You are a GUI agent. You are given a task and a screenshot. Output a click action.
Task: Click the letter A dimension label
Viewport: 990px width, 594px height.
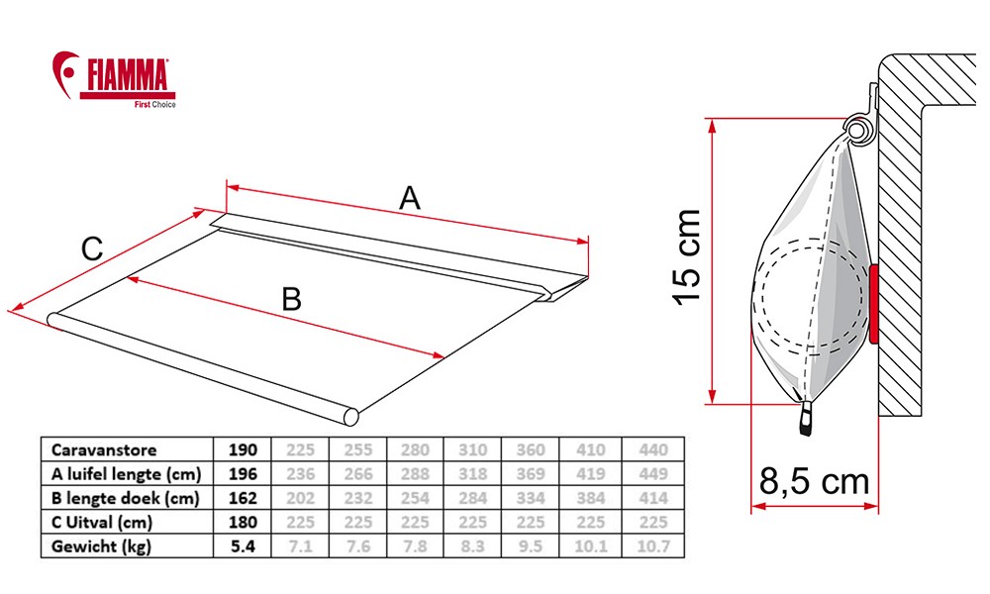pyautogui.click(x=410, y=198)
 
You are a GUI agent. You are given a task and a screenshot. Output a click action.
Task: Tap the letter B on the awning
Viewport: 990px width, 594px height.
pyautogui.click(x=291, y=299)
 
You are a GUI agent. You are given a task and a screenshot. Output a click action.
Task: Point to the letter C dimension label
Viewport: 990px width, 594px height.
pyautogui.click(x=92, y=248)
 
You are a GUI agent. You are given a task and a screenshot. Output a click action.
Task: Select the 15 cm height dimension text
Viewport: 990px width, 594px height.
pyautogui.click(x=688, y=257)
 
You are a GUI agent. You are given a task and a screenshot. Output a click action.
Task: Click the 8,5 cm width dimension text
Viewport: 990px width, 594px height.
pyautogui.click(x=815, y=481)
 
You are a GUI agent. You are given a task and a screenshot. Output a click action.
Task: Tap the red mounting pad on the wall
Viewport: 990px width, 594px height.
pyautogui.click(x=874, y=304)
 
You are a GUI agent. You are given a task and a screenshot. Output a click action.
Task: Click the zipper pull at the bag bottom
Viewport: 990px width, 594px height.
pyautogui.click(x=806, y=418)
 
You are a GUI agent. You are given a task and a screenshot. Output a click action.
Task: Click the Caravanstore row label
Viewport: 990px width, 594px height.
pyautogui.click(x=104, y=450)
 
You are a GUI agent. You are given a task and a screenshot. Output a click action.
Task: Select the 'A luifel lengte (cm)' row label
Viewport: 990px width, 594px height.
pyautogui.click(x=127, y=473)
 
